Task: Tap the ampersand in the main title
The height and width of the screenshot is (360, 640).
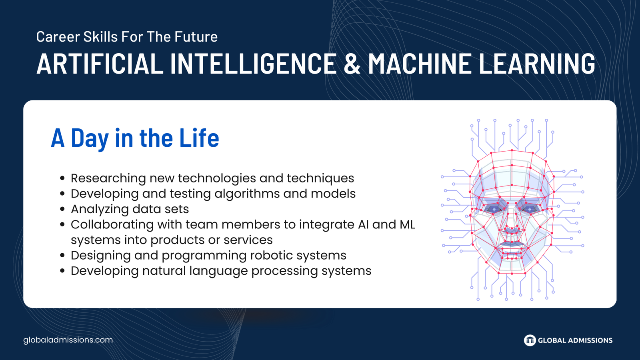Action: pyautogui.click(x=352, y=63)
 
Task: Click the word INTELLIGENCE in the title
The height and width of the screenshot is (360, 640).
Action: pyautogui.click(x=253, y=63)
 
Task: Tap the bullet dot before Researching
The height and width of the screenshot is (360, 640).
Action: pyautogui.click(x=62, y=178)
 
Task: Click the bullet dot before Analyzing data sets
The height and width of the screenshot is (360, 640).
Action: pyautogui.click(x=62, y=209)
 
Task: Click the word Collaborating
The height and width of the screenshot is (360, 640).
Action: pyautogui.click(x=112, y=224)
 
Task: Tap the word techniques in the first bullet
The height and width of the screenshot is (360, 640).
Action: pyautogui.click(x=320, y=178)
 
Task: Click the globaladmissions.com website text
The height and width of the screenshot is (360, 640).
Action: pyautogui.click(x=68, y=340)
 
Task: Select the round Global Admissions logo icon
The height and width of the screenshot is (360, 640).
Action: pyautogui.click(x=530, y=340)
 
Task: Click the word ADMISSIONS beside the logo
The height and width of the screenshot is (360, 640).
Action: pyautogui.click(x=590, y=340)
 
